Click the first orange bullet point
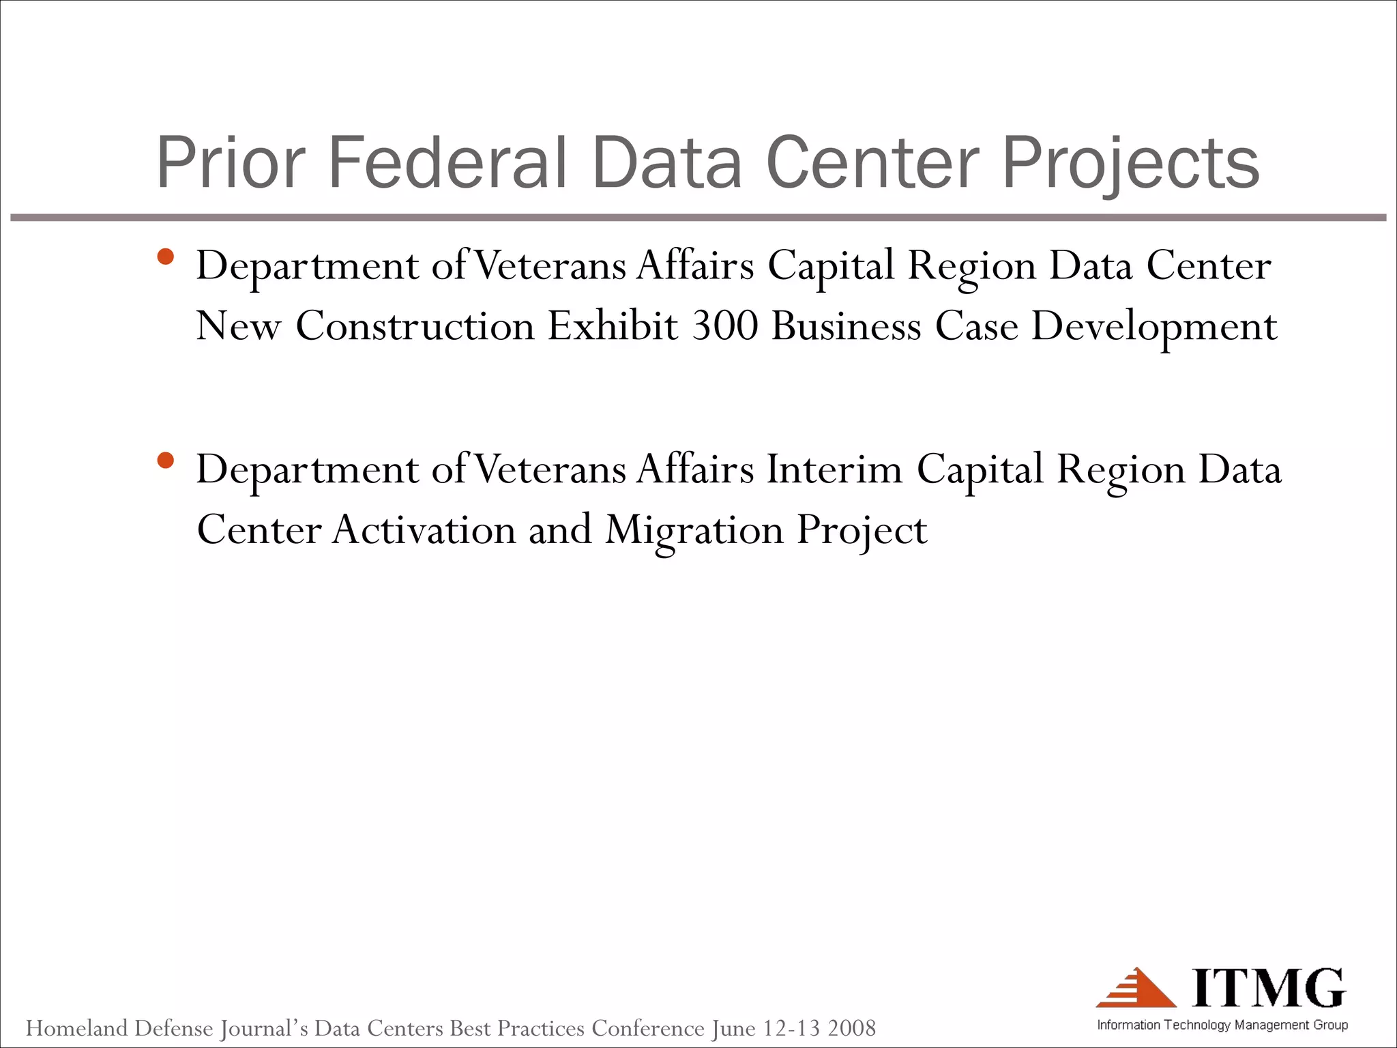[165, 257]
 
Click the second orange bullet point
[165, 461]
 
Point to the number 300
[725, 325]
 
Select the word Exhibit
[613, 325]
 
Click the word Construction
[415, 325]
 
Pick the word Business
[847, 325]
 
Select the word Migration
[694, 531]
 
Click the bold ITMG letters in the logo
[1269, 987]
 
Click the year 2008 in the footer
[851, 1028]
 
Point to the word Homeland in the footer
[76, 1028]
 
